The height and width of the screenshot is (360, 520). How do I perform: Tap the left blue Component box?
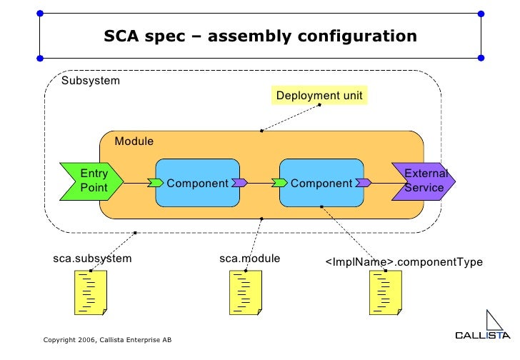197,183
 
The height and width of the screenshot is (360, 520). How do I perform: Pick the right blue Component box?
321,183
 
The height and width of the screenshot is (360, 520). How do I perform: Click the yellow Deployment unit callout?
319,96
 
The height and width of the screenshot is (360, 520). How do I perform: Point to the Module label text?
134,141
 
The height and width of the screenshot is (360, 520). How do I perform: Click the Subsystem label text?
91,81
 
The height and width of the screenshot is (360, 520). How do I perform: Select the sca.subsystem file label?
92,259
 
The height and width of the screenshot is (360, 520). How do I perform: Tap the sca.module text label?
249,258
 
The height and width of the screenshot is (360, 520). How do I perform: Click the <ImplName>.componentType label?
404,262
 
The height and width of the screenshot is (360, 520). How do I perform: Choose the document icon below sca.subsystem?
91,292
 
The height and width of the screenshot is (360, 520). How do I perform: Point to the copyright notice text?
107,339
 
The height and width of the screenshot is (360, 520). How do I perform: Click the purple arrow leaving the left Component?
239,183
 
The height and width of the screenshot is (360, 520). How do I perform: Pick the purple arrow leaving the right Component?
364,183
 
